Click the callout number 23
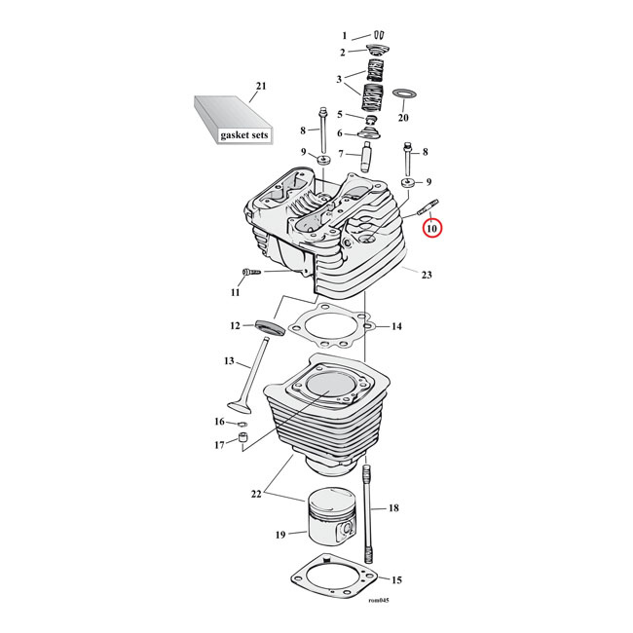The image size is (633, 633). coord(426,275)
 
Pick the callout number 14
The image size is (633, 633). coord(396,326)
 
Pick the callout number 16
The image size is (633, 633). coord(220,422)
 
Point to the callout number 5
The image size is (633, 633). coord(342,114)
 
